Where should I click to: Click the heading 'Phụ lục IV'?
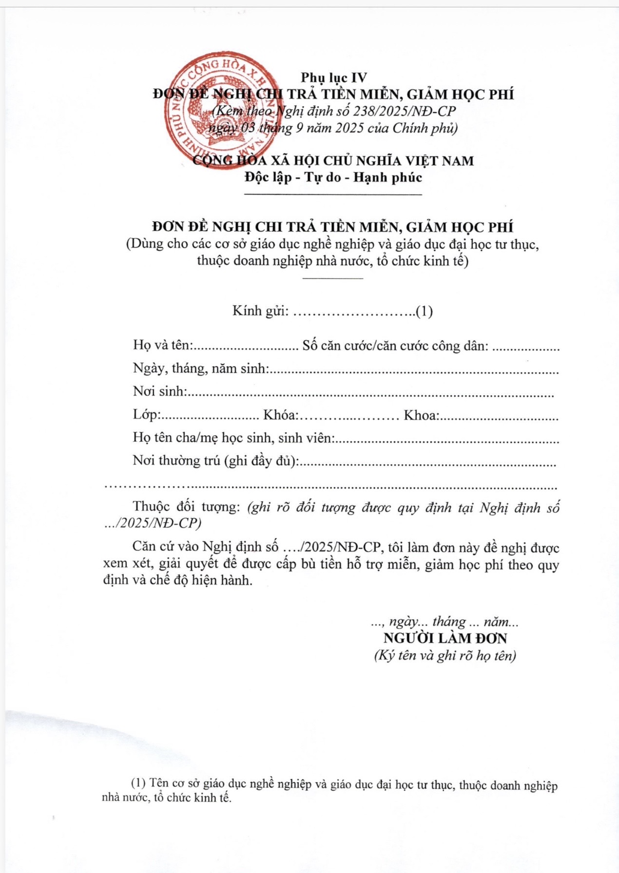click(333, 78)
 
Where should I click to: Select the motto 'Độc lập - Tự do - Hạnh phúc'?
click(333, 177)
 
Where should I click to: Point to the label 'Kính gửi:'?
click(261, 311)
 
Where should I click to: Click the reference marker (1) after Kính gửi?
click(424, 311)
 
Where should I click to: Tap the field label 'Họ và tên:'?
click(163, 345)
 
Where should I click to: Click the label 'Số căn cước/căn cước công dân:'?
click(395, 346)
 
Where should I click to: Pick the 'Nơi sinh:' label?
click(160, 391)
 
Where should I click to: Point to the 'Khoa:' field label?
click(422, 415)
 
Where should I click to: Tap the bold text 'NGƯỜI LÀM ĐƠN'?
click(445, 638)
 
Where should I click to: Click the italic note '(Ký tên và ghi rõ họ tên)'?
click(445, 656)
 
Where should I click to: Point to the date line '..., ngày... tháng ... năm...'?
click(445, 622)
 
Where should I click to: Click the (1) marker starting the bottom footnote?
click(138, 783)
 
